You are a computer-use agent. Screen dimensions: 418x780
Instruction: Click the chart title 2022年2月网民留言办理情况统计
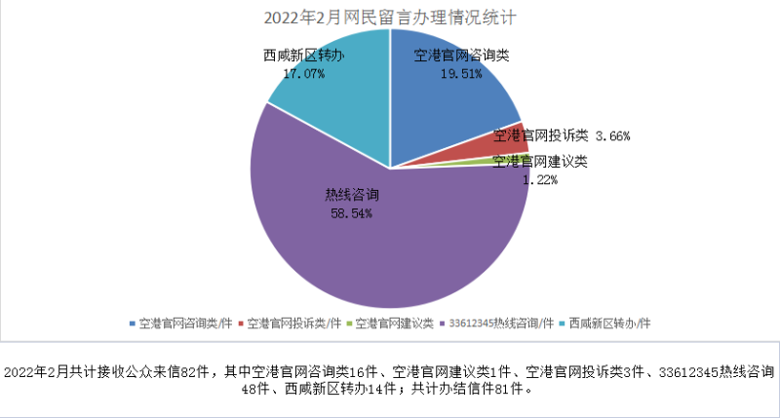(389, 18)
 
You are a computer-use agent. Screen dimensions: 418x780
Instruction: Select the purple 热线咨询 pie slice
(390, 244)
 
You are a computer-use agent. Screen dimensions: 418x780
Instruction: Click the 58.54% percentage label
(349, 211)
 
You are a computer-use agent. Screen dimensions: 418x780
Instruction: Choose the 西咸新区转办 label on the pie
(303, 57)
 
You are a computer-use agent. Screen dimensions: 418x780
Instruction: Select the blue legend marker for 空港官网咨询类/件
(132, 323)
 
